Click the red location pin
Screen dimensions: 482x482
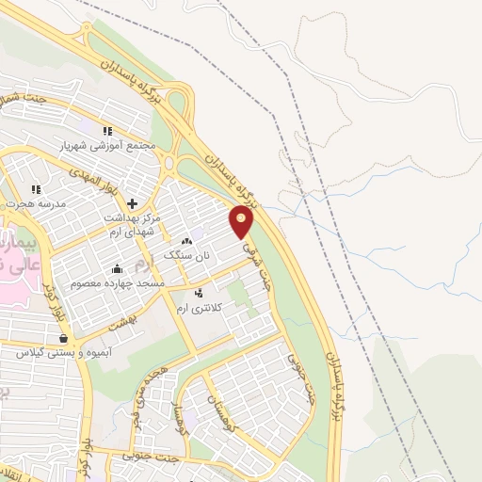click(242, 221)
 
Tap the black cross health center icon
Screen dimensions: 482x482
click(133, 202)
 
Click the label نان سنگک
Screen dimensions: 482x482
click(184, 255)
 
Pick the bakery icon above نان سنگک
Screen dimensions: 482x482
click(198, 241)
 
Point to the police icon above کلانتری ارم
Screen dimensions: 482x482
click(198, 293)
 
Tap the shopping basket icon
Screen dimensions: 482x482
click(63, 338)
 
